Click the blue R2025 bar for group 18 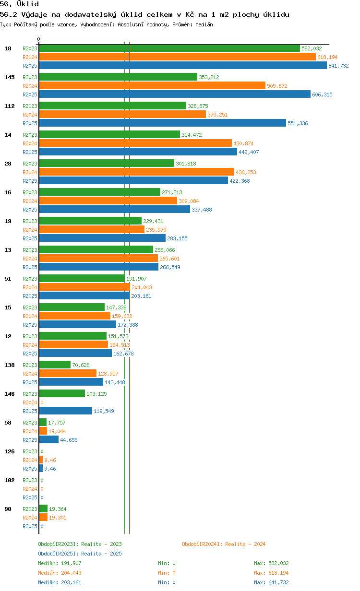183,65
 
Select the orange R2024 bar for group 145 152,85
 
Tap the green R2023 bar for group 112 113,106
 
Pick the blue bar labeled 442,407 138,152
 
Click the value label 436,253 246,172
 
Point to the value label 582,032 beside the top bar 312,48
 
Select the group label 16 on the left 8,192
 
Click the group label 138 10,365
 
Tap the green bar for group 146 62,393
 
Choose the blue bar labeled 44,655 49,439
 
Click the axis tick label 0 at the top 38,39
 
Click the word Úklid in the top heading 28,4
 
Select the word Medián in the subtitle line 204,24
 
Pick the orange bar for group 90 43,517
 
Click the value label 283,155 177,238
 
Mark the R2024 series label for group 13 30,259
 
